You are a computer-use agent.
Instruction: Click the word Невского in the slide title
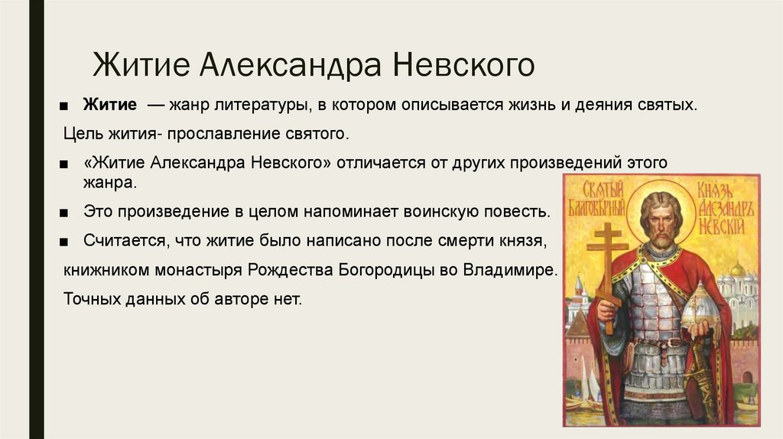[463, 65]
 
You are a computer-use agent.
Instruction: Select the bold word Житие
[110, 104]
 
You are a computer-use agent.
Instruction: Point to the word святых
[667, 105]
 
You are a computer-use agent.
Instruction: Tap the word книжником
[106, 270]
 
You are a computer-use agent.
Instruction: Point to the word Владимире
[510, 270]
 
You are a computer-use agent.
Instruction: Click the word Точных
[92, 299]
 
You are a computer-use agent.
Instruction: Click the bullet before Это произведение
[63, 213]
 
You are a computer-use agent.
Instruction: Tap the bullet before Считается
[63, 242]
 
